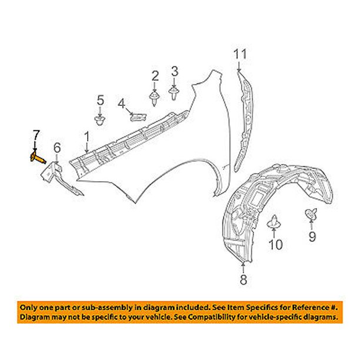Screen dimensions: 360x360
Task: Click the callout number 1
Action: [86, 138]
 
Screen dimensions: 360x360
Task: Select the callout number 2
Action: [155, 75]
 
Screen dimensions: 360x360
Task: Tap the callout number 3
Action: [174, 72]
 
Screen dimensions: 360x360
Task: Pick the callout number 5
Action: [100, 99]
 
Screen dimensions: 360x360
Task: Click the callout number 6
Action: [57, 147]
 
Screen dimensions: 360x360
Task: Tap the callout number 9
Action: [312, 236]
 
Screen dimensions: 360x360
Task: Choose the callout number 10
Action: [275, 244]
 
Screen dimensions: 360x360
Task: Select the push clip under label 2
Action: [154, 98]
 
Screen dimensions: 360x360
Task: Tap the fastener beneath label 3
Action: [174, 92]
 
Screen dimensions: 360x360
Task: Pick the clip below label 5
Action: [100, 122]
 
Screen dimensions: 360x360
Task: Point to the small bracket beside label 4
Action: [138, 114]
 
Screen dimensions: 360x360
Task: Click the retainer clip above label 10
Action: [274, 223]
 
